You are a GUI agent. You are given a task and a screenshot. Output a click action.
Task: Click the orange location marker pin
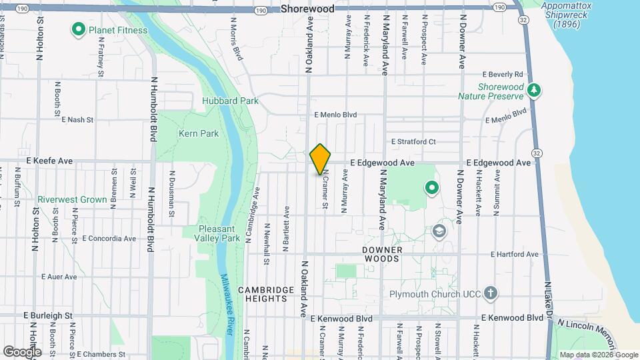[321, 159]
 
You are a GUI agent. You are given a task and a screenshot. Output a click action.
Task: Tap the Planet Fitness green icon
[77, 29]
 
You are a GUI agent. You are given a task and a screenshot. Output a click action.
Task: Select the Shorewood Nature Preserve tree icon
[533, 90]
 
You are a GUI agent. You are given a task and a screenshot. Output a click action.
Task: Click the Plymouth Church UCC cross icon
[490, 293]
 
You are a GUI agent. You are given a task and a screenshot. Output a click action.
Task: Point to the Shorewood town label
[307, 9]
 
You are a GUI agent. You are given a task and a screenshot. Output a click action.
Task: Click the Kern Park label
[199, 133]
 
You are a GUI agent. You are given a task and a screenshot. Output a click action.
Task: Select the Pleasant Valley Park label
[219, 233]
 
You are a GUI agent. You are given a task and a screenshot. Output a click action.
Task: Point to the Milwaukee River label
[233, 306]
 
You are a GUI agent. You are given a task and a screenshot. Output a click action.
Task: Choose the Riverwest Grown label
[72, 199]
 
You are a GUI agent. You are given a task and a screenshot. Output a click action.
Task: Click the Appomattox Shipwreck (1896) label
[567, 15]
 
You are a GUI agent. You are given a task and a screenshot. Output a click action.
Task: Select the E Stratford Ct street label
[413, 142]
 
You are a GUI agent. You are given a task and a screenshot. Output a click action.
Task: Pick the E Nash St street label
[77, 120]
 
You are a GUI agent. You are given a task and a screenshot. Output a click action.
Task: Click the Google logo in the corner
[22, 351]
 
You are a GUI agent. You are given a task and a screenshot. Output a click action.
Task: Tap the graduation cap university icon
[439, 231]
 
